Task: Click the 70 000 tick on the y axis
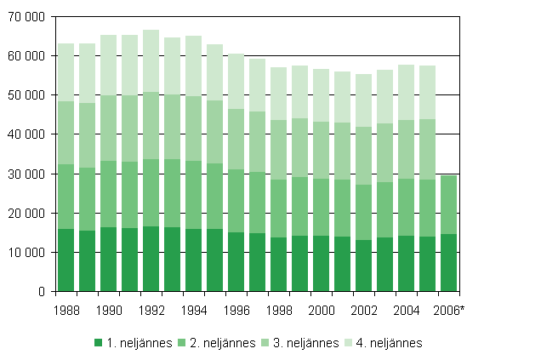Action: [x=26, y=17]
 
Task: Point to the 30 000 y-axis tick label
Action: [x=26, y=174]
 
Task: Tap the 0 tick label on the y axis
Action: [x=39, y=292]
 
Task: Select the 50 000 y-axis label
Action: [x=26, y=95]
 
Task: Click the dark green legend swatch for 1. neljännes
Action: [x=98, y=343]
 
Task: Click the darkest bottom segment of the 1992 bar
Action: [x=151, y=259]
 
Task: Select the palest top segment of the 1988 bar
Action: [x=65, y=72]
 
